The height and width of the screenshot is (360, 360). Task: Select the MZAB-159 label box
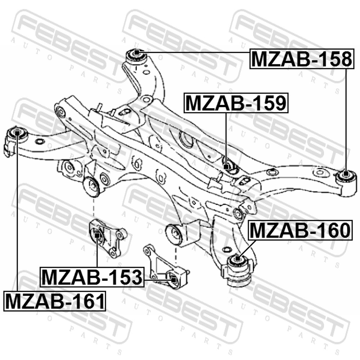pos(236,103)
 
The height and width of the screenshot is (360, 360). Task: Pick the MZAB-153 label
pos(92,277)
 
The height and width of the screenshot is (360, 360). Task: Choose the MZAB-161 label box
pos(55,301)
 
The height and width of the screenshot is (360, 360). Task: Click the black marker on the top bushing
pos(136,53)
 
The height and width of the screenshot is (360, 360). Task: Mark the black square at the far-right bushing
pos(346,174)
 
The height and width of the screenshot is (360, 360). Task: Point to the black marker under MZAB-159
pos(226,167)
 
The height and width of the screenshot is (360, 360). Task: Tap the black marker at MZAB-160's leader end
pos(238,259)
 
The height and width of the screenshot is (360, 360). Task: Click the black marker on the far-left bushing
pos(17,133)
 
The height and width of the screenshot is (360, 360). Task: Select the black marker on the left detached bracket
pos(97,235)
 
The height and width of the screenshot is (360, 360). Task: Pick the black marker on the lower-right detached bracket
pos(174,280)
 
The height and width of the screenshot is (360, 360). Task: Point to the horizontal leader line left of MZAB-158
pos(194,53)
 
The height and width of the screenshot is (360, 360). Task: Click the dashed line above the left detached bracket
pos(94,208)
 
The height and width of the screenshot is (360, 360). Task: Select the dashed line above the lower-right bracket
pos(176,255)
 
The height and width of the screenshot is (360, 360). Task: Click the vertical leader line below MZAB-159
pos(226,139)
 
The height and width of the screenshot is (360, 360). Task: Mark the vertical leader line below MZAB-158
pos(346,120)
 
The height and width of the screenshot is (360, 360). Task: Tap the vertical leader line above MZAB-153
pos(97,253)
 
